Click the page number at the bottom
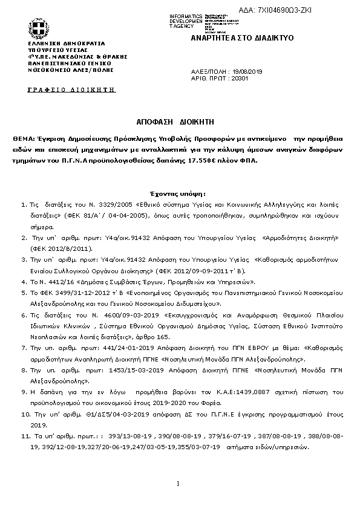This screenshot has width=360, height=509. pos(178,483)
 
